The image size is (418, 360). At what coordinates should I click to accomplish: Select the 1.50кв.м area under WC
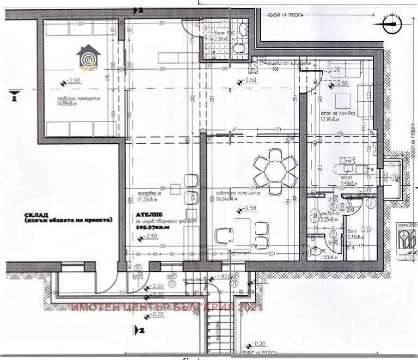(x=329, y=257)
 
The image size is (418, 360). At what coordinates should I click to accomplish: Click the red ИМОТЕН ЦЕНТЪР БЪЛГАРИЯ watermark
(x=167, y=308)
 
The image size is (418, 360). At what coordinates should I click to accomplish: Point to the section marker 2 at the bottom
(x=139, y=330)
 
